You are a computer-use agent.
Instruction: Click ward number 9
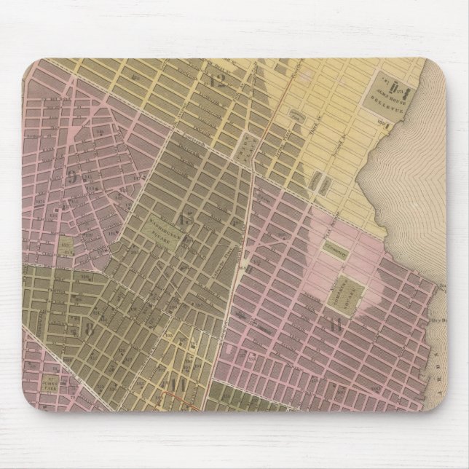(x=72, y=176)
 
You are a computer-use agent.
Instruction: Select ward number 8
(x=90, y=328)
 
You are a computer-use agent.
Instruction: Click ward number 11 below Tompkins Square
(x=334, y=326)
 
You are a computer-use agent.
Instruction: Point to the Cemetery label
(x=336, y=248)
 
